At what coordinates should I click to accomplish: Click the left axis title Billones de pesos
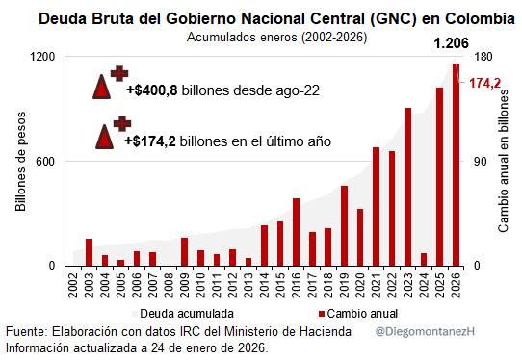click(20, 161)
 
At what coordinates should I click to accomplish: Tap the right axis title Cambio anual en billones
click(502, 161)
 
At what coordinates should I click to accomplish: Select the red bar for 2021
click(376, 206)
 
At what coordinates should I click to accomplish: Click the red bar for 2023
click(407, 187)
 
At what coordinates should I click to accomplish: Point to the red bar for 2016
click(296, 232)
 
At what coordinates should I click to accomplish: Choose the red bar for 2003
click(89, 252)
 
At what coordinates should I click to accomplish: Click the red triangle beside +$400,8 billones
click(102, 89)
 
